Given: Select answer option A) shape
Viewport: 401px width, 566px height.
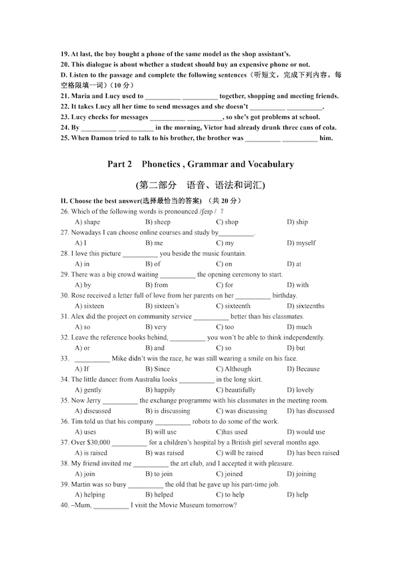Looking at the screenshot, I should coord(87,222).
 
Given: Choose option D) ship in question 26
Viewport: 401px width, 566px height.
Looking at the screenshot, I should coord(297,222).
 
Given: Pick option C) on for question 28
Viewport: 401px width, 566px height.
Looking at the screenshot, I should coord(224,264).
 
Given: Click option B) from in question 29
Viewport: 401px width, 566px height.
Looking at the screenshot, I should coord(156,285).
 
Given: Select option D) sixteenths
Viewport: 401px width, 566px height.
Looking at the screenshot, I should coord(306,306).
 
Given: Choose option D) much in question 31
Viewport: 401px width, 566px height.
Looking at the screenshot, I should coord(299,327).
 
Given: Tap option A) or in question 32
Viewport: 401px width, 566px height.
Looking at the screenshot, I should coord(82,348).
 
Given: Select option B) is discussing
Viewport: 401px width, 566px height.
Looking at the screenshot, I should coord(167,410).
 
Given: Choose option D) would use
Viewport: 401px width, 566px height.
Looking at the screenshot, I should coord(306,432).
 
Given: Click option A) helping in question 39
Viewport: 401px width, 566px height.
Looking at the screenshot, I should coord(90,495).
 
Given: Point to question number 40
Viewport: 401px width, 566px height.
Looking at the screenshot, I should coord(65,505).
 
